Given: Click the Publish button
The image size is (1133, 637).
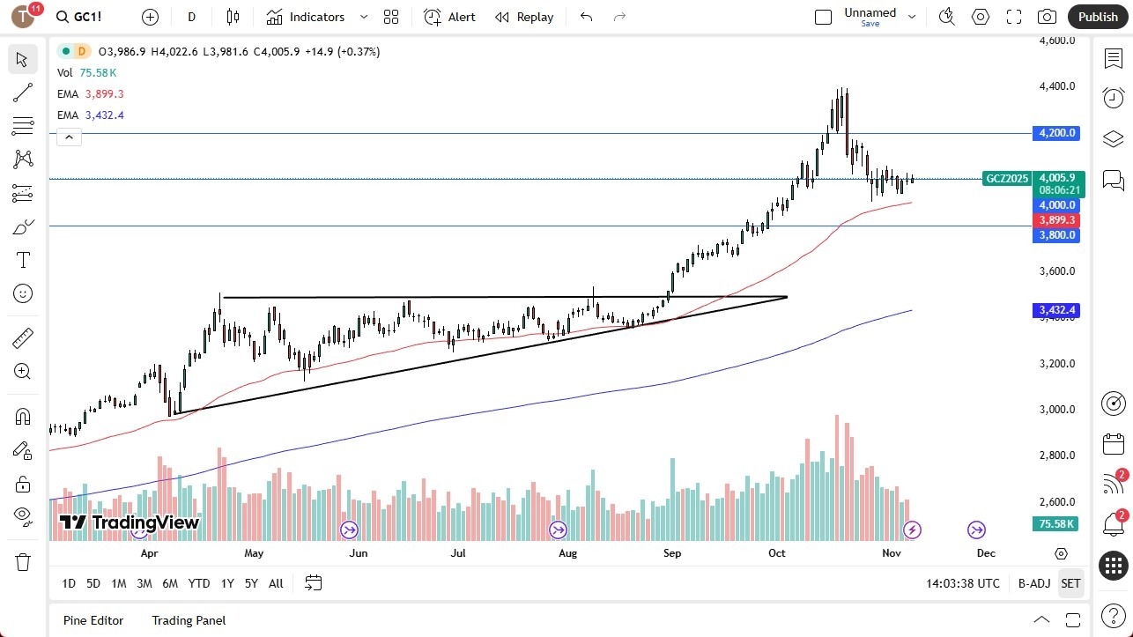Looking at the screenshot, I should click(1097, 17).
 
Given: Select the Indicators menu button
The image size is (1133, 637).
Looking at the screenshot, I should click(306, 17).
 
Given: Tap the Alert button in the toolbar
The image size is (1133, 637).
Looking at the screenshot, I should click(449, 17).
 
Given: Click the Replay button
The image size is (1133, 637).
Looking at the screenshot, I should click(524, 17).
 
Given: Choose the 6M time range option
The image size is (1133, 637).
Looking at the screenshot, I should click(170, 583).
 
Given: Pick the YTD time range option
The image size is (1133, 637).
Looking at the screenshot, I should click(199, 583).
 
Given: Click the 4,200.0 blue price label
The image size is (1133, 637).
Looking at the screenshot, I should click(1057, 133).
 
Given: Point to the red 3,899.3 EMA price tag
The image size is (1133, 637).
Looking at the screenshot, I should click(1057, 220).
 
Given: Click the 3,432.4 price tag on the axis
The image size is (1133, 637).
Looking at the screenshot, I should click(1057, 310).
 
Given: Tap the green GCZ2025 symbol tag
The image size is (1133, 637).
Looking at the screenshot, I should click(1006, 178).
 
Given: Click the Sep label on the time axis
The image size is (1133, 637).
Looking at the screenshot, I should click(672, 553).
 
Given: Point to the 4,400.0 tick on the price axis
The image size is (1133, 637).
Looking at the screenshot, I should click(1057, 86).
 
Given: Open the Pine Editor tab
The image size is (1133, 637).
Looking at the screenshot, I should click(93, 620).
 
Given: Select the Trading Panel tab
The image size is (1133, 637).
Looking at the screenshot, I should click(189, 620).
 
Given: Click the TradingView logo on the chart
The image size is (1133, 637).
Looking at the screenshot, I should click(130, 522).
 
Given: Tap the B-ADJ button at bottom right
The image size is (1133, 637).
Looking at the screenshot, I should click(1033, 583).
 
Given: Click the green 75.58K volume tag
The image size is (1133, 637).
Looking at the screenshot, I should click(1055, 523).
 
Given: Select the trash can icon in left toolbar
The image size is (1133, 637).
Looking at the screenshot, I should click(23, 562).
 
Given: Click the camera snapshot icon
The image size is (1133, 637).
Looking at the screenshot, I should click(1047, 17).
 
